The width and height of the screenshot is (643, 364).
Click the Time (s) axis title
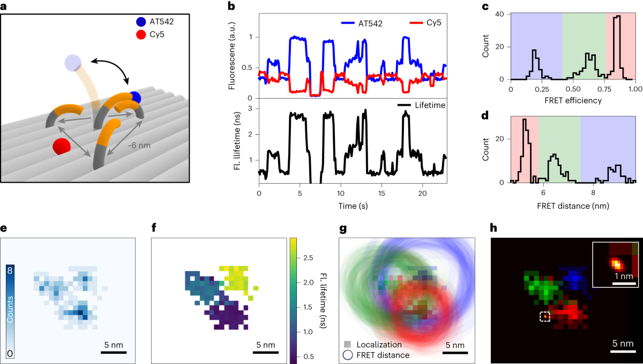[x=352, y=205]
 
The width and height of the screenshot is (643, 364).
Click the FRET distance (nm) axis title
[x=572, y=205]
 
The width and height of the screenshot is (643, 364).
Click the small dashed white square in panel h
[x=544, y=317]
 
